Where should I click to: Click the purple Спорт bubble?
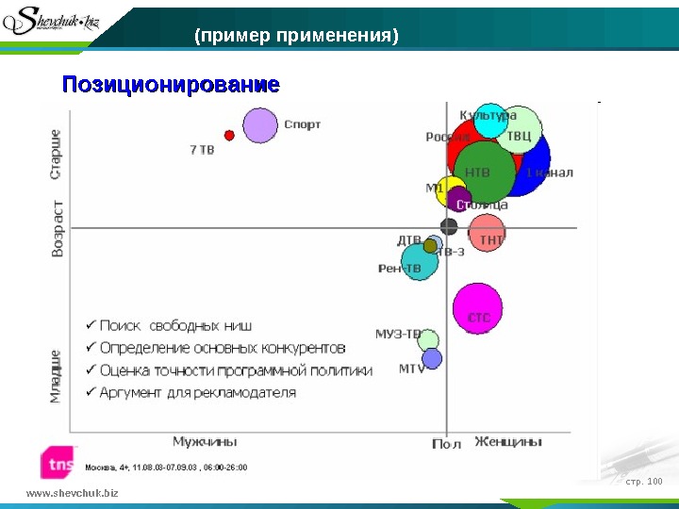259,125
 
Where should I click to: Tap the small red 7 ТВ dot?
228,135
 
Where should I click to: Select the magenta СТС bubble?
477,308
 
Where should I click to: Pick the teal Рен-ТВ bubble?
420,261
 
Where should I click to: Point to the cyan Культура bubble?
489,121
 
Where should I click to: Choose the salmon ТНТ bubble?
488,233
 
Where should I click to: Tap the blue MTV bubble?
432,358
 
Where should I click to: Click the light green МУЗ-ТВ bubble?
429,339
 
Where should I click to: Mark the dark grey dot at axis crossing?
449,226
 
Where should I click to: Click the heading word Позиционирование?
171,85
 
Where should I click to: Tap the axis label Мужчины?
205,441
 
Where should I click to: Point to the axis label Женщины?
508,441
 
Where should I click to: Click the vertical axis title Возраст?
58,227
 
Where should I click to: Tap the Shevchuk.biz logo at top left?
56,21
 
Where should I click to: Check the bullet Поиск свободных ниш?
167,325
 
